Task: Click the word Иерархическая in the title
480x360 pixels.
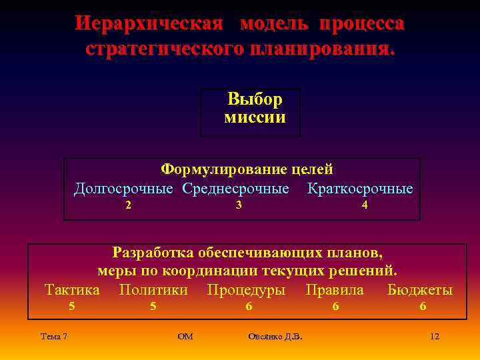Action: (x=148, y=24)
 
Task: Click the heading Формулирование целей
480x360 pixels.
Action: (x=247, y=170)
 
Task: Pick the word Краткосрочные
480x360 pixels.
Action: (x=360, y=189)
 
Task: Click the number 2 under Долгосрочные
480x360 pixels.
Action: (x=128, y=205)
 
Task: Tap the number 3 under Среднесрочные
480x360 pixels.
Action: (x=239, y=205)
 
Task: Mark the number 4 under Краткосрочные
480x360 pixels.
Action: (x=364, y=205)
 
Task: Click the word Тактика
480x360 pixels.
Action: (x=72, y=290)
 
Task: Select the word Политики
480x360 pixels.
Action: (x=153, y=290)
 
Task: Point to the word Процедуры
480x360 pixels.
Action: (x=246, y=290)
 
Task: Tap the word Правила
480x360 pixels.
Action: (x=335, y=290)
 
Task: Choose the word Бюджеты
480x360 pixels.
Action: (x=420, y=290)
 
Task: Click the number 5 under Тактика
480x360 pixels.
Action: (x=72, y=306)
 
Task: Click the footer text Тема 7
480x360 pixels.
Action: (x=54, y=336)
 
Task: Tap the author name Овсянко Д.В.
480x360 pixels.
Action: (x=275, y=336)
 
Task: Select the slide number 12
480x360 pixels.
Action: (x=435, y=336)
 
